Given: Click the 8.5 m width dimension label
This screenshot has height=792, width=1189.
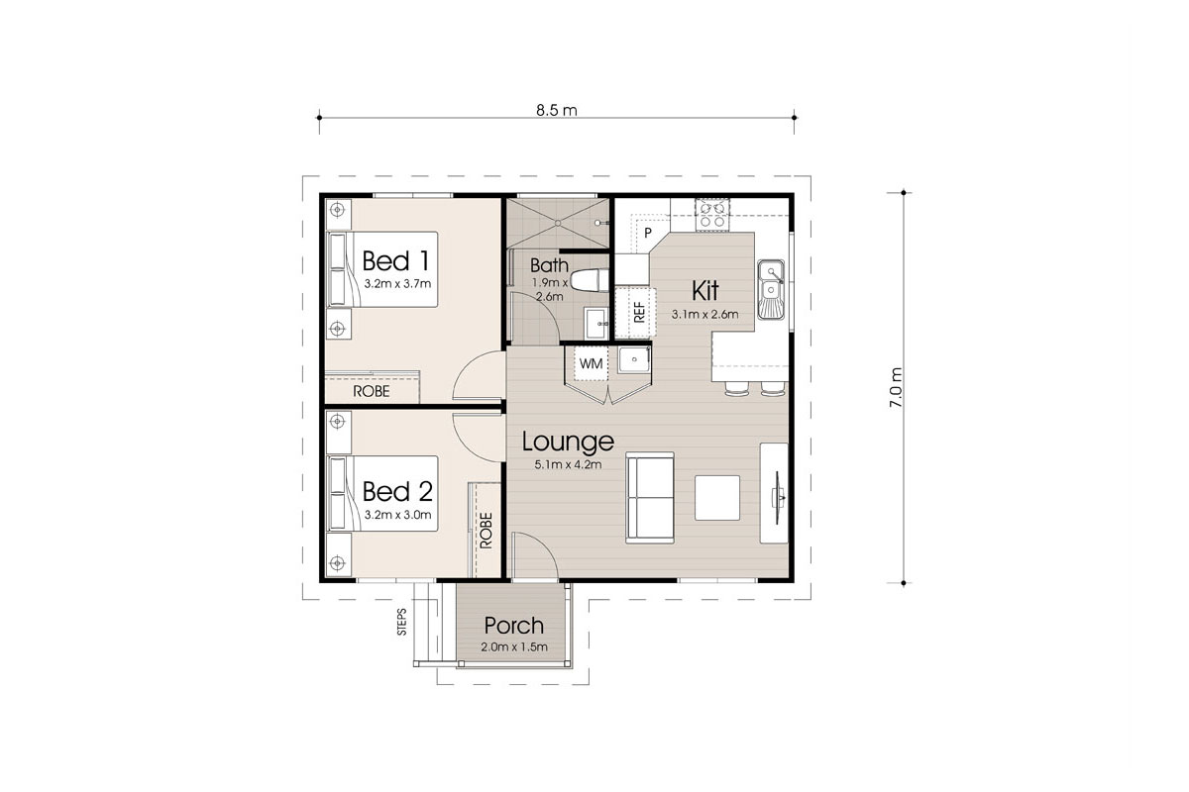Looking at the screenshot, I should coord(555,110).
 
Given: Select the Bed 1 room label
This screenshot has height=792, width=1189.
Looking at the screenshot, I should coord(396,261).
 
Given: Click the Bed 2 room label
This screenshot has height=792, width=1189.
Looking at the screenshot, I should coord(396,492).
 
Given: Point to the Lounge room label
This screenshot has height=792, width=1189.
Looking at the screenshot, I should coord(568,442).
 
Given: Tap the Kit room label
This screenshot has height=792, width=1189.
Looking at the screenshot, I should coord(704,291).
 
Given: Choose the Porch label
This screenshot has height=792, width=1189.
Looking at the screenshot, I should coord(513,626).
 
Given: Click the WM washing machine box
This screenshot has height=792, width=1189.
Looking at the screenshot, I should coord(591,364).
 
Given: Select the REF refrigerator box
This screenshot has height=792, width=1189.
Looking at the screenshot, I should coord(638,309).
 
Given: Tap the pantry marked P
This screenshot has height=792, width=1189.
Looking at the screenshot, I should coord(647,233).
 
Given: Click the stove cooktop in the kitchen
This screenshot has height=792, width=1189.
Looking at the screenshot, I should coord(711,213).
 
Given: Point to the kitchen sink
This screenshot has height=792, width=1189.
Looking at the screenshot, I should coord(770,289).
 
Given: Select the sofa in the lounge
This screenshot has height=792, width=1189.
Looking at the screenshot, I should coord(650,497).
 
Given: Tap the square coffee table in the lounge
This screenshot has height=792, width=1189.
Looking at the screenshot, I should coord(716,498).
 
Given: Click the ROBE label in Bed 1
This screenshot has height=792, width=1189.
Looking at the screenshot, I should coord(372,392).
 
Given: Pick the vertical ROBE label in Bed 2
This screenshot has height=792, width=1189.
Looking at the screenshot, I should coord(486,530).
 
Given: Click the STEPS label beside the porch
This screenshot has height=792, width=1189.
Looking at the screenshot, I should coord(402,622).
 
